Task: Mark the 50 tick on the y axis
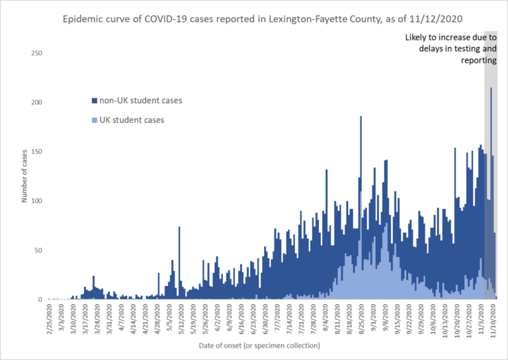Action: click(x=38, y=250)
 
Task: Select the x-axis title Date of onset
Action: click(x=259, y=346)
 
